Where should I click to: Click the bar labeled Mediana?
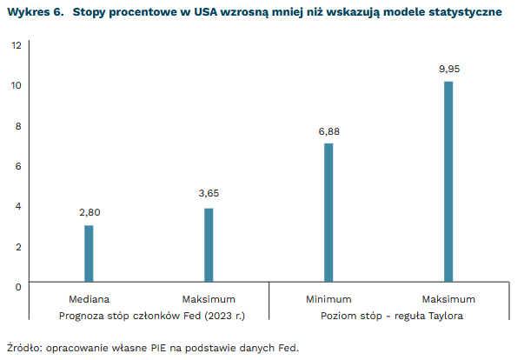(89, 253)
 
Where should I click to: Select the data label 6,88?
(328, 130)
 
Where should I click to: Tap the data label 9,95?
(449, 69)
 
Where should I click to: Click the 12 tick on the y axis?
(17, 45)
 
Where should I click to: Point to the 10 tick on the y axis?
(17, 85)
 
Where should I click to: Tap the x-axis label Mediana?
(89, 299)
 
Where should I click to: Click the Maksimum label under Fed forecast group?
(209, 299)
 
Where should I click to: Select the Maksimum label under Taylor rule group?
(449, 299)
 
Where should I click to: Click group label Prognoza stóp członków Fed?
(149, 316)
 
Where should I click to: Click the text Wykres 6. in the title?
(35, 12)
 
